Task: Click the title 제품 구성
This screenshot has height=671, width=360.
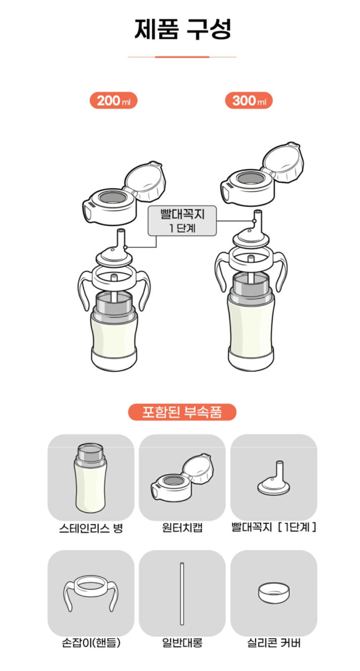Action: pos(183,29)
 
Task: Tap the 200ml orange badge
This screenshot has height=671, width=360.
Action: pos(113,101)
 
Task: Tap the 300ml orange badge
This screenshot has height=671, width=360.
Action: pos(249,101)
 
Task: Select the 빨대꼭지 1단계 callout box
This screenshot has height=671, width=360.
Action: pos(182,221)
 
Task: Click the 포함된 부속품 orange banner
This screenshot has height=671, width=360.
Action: pos(182,412)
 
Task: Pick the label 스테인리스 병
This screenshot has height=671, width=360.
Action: pos(91,528)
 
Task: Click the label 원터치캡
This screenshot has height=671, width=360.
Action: pos(182,528)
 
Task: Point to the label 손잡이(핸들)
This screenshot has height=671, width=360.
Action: pos(91,643)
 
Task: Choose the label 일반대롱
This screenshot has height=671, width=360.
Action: pos(182,643)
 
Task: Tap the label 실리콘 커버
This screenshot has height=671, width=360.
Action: pos(274,643)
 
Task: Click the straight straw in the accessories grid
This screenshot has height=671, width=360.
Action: pos(182,593)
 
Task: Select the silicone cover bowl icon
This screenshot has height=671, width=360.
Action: pos(274,593)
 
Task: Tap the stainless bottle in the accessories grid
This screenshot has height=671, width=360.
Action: pos(90,478)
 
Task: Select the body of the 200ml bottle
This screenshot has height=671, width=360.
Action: pos(114,330)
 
